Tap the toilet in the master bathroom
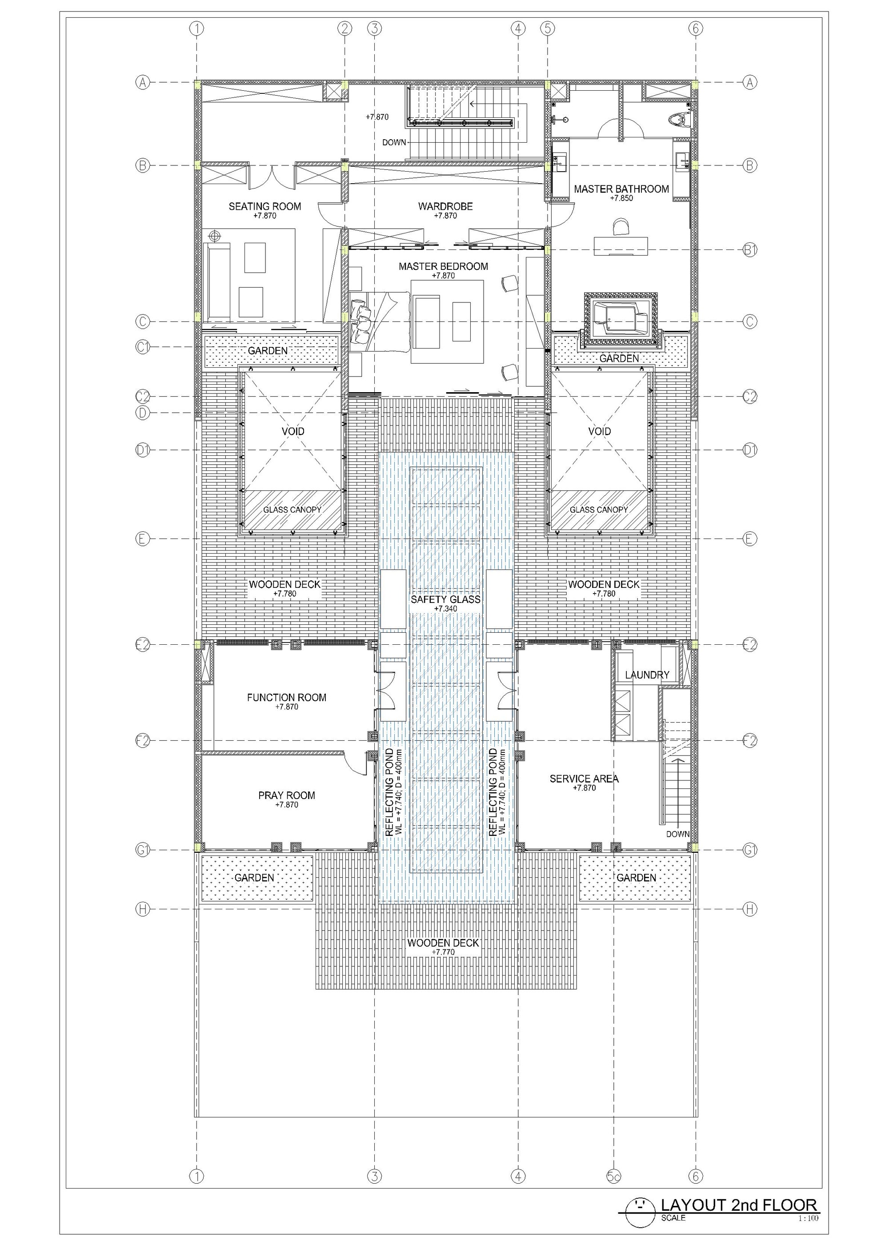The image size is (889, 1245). (x=681, y=119)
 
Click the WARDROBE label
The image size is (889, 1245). (x=445, y=206)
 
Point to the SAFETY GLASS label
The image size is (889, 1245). (x=445, y=599)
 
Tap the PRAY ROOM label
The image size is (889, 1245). (x=286, y=795)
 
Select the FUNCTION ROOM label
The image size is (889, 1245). (x=286, y=698)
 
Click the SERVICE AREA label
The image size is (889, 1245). (x=584, y=779)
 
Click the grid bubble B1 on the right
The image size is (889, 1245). (x=749, y=250)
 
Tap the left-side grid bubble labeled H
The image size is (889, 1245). (x=142, y=909)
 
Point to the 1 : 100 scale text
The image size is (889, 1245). (x=808, y=1219)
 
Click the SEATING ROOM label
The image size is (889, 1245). (x=264, y=206)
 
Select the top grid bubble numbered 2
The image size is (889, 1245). (x=344, y=28)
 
